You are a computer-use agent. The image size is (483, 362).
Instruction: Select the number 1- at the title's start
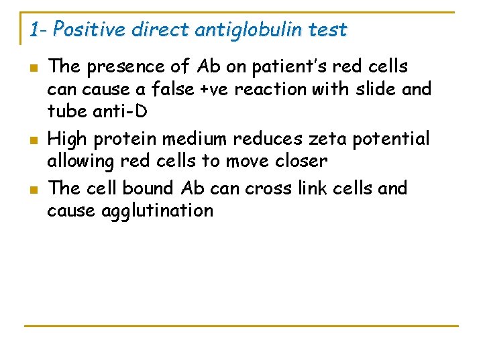click(x=38, y=29)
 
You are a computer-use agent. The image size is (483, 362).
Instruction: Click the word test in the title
click(x=331, y=29)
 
